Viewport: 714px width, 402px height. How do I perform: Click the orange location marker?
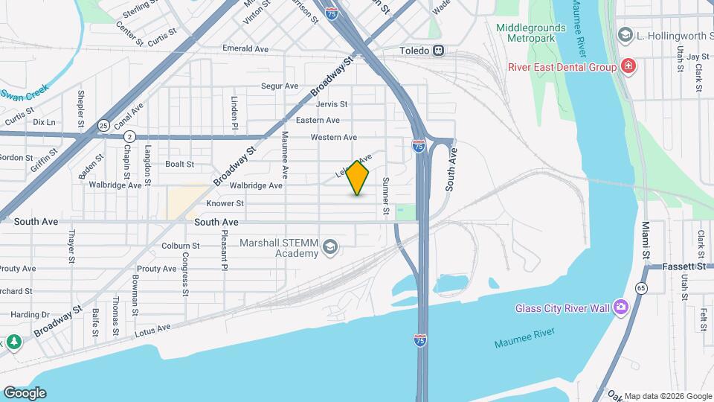pyautogui.click(x=358, y=178)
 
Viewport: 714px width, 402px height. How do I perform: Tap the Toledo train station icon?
pyautogui.click(x=440, y=51)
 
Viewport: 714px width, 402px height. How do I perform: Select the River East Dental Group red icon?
pyautogui.click(x=628, y=67)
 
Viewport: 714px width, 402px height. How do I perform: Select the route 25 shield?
pyautogui.click(x=103, y=124)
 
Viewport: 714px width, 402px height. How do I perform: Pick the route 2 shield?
pyautogui.click(x=129, y=136)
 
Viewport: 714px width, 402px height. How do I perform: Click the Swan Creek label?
pyautogui.click(x=24, y=95)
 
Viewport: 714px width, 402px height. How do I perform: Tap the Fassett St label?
pyautogui.click(x=685, y=266)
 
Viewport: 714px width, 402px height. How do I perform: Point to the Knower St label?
pyautogui.click(x=225, y=203)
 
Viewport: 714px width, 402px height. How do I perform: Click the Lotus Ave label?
pyautogui.click(x=153, y=328)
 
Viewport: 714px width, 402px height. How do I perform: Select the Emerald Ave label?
pyautogui.click(x=245, y=48)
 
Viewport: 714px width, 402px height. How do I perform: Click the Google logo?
pyautogui.click(x=25, y=393)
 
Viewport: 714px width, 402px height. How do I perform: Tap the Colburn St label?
pyautogui.click(x=181, y=245)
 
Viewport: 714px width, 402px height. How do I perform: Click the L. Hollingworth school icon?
pyautogui.click(x=625, y=35)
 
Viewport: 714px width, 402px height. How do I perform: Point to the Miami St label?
pyautogui.click(x=646, y=239)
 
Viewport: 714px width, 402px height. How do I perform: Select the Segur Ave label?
pyautogui.click(x=279, y=86)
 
